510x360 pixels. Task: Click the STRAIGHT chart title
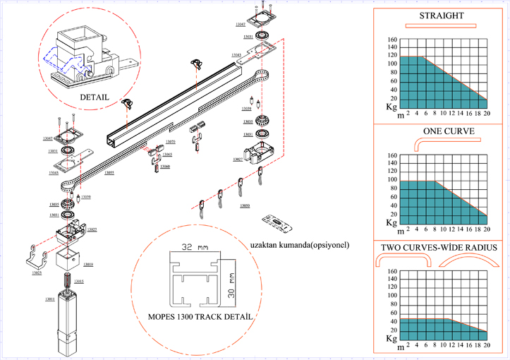point(442,16)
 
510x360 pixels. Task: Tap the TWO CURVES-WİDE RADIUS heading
point(441,248)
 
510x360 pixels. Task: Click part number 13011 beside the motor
point(50,300)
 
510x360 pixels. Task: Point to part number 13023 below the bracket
point(36,272)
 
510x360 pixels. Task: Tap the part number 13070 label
point(170,142)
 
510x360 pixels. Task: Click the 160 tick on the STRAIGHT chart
point(393,40)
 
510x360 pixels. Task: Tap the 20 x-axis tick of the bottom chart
point(487,347)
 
